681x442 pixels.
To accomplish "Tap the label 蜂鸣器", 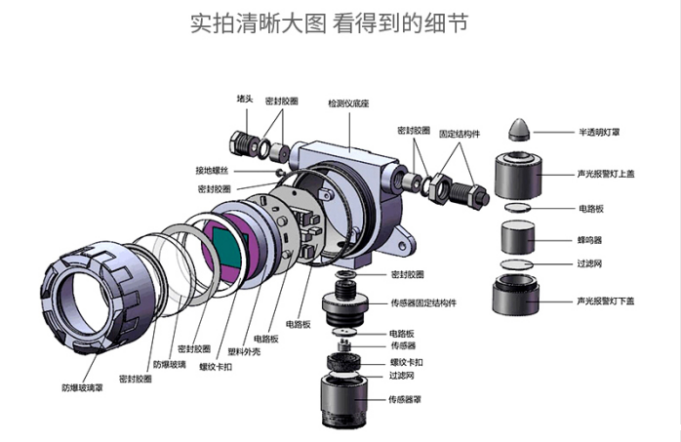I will (x=589, y=238).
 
